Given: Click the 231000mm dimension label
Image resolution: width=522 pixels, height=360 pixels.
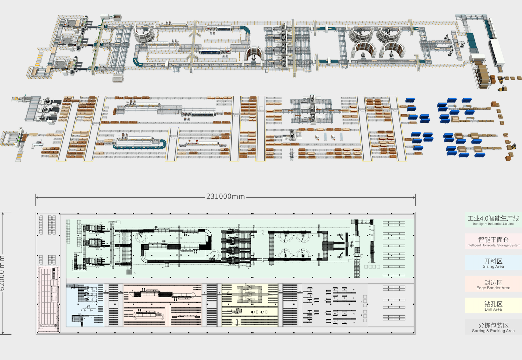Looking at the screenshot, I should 226,196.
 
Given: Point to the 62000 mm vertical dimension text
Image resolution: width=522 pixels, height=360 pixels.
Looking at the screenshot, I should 2,273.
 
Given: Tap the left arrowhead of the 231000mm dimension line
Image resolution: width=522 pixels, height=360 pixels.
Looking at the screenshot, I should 36,197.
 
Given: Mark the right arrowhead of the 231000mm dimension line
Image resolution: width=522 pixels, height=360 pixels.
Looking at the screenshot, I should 414,197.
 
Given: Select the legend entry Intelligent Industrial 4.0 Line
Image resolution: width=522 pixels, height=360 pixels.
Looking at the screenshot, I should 493,220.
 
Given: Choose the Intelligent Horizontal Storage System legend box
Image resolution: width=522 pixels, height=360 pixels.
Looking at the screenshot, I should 493,241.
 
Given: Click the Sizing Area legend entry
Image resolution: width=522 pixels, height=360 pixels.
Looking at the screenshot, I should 493,263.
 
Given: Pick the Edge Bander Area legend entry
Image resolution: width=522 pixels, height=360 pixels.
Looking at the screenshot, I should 493,284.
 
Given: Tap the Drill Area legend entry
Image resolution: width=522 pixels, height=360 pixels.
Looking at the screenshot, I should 493,306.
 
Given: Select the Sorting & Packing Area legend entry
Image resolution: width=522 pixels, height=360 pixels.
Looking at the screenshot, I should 493,327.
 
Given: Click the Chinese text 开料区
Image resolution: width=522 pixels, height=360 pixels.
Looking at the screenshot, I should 493,261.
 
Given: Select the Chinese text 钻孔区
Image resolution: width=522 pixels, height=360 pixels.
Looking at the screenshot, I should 493,304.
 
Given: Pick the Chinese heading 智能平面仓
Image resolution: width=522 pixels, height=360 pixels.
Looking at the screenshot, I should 493,240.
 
